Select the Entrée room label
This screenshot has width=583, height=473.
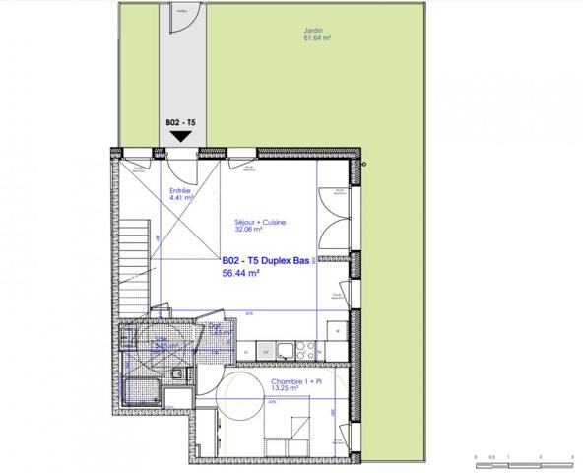coord(181,191)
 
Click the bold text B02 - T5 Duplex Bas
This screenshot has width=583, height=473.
coord(266,261)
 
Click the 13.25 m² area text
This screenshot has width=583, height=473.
coord(287,388)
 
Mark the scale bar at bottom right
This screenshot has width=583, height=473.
coord(523,458)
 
